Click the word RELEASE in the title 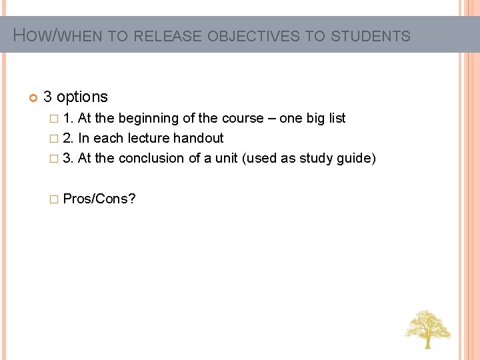click(x=168, y=36)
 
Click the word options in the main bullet click(x=82, y=97)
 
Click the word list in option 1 click(x=337, y=119)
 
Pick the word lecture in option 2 click(x=148, y=139)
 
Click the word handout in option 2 click(x=198, y=139)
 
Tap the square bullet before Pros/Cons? click(x=54, y=199)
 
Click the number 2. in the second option click(x=68, y=139)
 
